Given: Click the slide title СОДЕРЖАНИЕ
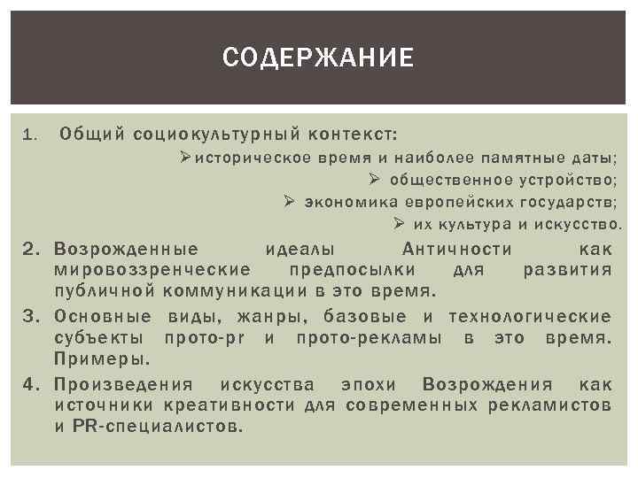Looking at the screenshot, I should tap(318, 58).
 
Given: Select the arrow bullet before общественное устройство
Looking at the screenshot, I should tap(374, 181).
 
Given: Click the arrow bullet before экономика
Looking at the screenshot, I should tap(289, 202).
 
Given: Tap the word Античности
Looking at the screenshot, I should tap(457, 249).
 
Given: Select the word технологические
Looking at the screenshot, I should tap(530, 317).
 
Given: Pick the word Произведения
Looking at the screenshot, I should tap(123, 385).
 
